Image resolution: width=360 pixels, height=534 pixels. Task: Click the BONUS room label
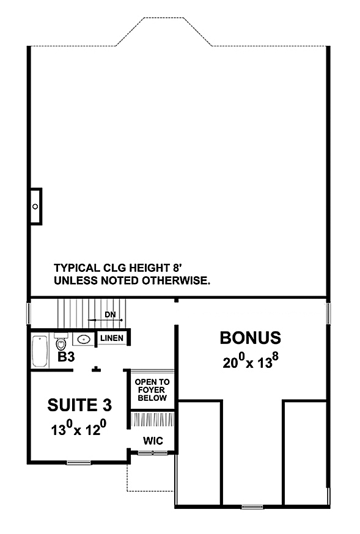251,338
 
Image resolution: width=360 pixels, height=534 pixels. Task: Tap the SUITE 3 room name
79,405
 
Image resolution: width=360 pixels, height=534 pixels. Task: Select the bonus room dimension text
251,361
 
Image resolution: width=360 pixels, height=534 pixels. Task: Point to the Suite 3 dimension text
79,428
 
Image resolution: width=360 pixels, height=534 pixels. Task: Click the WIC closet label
153,441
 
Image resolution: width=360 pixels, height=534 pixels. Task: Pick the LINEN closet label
112,338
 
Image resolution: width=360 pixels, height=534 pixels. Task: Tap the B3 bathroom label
66,357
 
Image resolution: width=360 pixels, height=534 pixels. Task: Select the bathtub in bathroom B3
40,351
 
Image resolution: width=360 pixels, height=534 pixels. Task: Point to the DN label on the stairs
110,314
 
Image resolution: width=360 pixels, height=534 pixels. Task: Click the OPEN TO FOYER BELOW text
152,390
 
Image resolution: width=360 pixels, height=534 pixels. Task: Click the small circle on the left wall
35,207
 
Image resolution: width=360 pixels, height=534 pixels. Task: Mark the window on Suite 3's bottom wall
79,462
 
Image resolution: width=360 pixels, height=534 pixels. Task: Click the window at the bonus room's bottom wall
252,507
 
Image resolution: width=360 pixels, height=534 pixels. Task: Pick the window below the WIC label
152,453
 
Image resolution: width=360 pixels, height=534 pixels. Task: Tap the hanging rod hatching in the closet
152,420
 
